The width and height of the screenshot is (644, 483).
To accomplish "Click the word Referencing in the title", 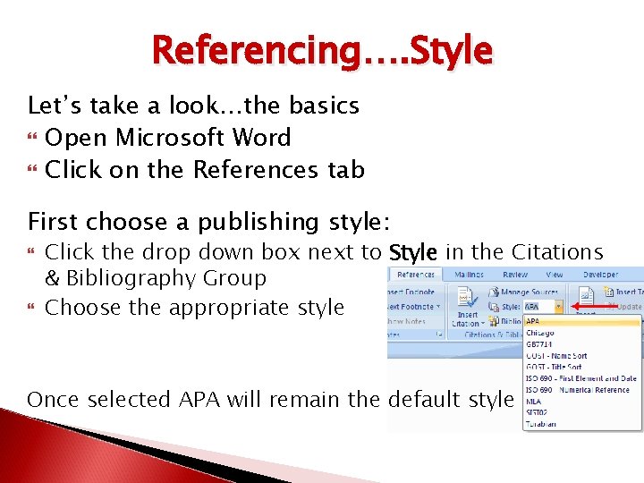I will tap(255, 50).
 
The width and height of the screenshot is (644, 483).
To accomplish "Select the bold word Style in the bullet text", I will tap(412, 253).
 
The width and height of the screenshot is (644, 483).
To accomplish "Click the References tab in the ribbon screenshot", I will tap(415, 275).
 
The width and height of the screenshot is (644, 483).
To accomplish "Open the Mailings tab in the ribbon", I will tap(469, 275).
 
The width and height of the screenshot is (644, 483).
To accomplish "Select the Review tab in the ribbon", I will tap(514, 275).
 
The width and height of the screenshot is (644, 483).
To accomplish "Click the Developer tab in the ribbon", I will tap(600, 275).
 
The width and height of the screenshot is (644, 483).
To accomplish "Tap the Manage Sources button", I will tap(529, 292).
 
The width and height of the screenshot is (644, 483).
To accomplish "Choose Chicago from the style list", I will tap(541, 333).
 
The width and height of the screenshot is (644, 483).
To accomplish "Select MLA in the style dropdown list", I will tap(535, 402).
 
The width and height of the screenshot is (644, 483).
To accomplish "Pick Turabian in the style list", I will tap(540, 424).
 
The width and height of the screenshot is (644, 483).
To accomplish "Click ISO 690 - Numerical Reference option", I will tap(577, 390).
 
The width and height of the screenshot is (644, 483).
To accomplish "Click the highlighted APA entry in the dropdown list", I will tap(533, 321).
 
